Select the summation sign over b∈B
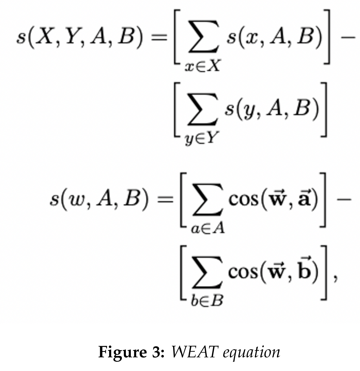(x=207, y=273)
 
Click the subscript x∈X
(x=202, y=66)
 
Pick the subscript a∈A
(x=207, y=229)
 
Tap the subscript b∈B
(x=207, y=301)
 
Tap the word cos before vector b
(x=243, y=272)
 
